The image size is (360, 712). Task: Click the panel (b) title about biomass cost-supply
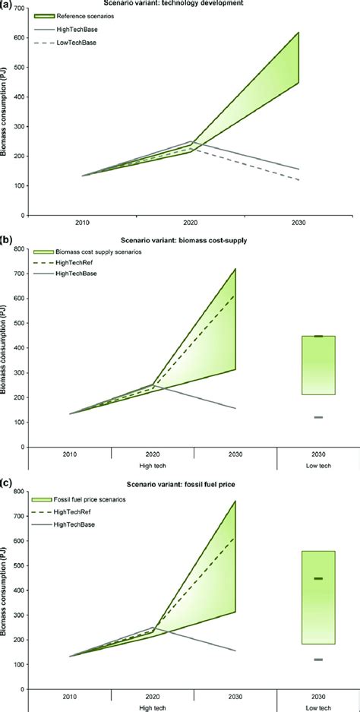pyautogui.click(x=181, y=242)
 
